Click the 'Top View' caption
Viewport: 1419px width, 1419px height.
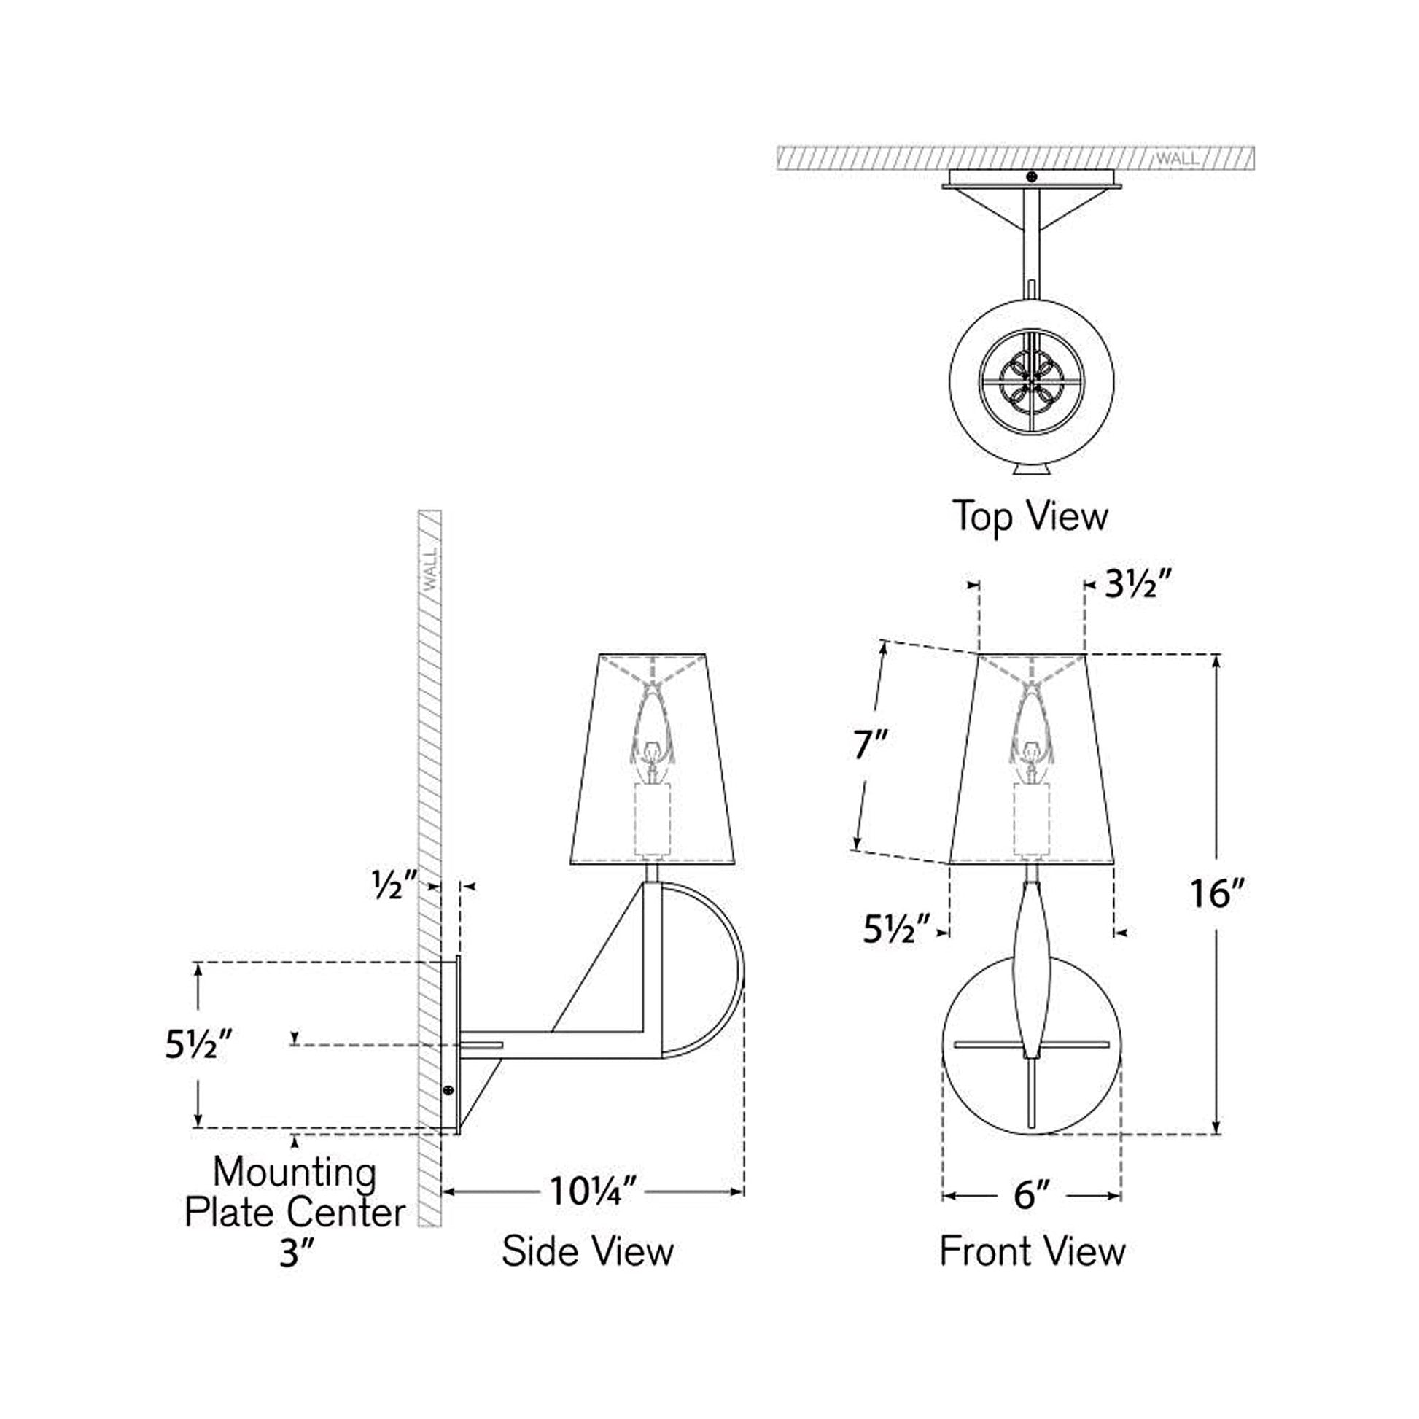pos(1030,516)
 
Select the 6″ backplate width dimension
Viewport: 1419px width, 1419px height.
pos(1032,1195)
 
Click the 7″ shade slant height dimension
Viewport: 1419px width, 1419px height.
pos(871,745)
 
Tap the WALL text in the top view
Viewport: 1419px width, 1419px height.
pos(1178,159)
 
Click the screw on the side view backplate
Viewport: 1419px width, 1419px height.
pos(448,1091)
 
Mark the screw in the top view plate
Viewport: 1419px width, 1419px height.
pos(1032,176)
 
